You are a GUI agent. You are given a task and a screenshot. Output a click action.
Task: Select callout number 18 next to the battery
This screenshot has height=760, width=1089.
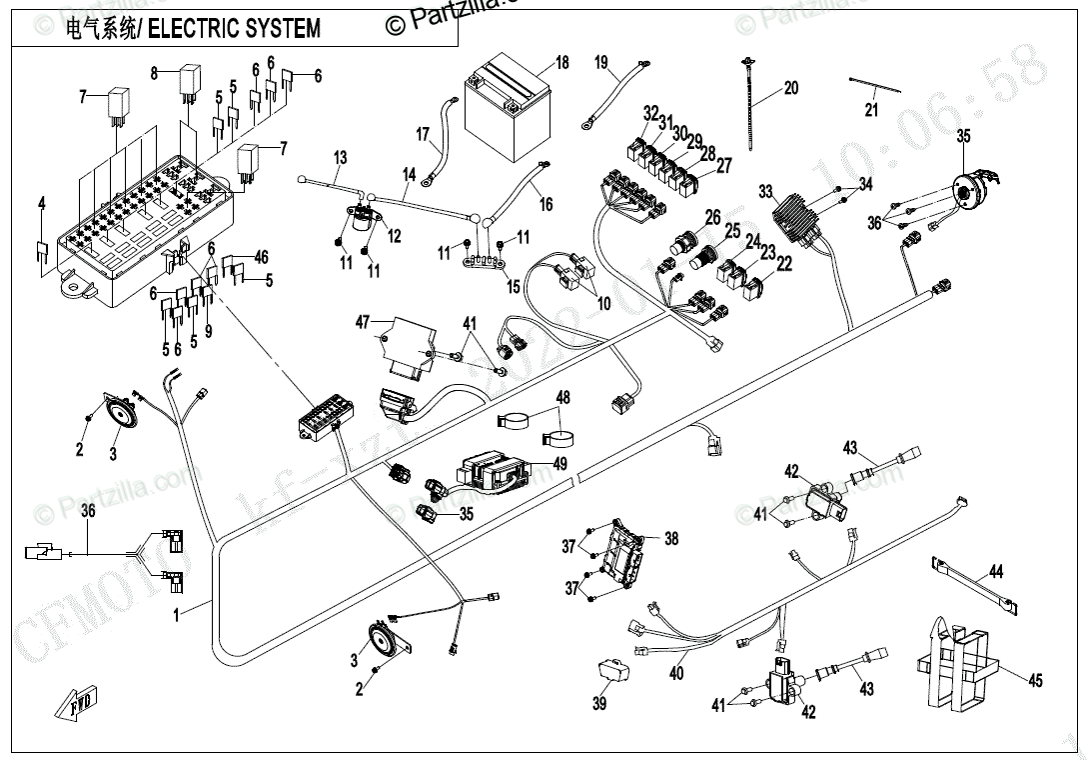561,64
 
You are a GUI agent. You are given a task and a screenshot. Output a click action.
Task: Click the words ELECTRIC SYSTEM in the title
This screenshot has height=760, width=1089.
234,29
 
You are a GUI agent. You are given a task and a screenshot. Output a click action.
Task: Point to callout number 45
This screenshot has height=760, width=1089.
1035,681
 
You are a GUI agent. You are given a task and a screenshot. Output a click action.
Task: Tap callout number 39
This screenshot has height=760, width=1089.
598,703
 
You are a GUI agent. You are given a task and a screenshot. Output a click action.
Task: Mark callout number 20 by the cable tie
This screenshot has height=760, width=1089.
790,89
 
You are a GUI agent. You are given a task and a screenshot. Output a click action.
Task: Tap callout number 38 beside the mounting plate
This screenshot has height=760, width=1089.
670,539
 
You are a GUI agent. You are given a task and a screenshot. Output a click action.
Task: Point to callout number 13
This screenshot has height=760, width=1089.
340,157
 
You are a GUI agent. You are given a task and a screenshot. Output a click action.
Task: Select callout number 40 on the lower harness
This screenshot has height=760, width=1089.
676,674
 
